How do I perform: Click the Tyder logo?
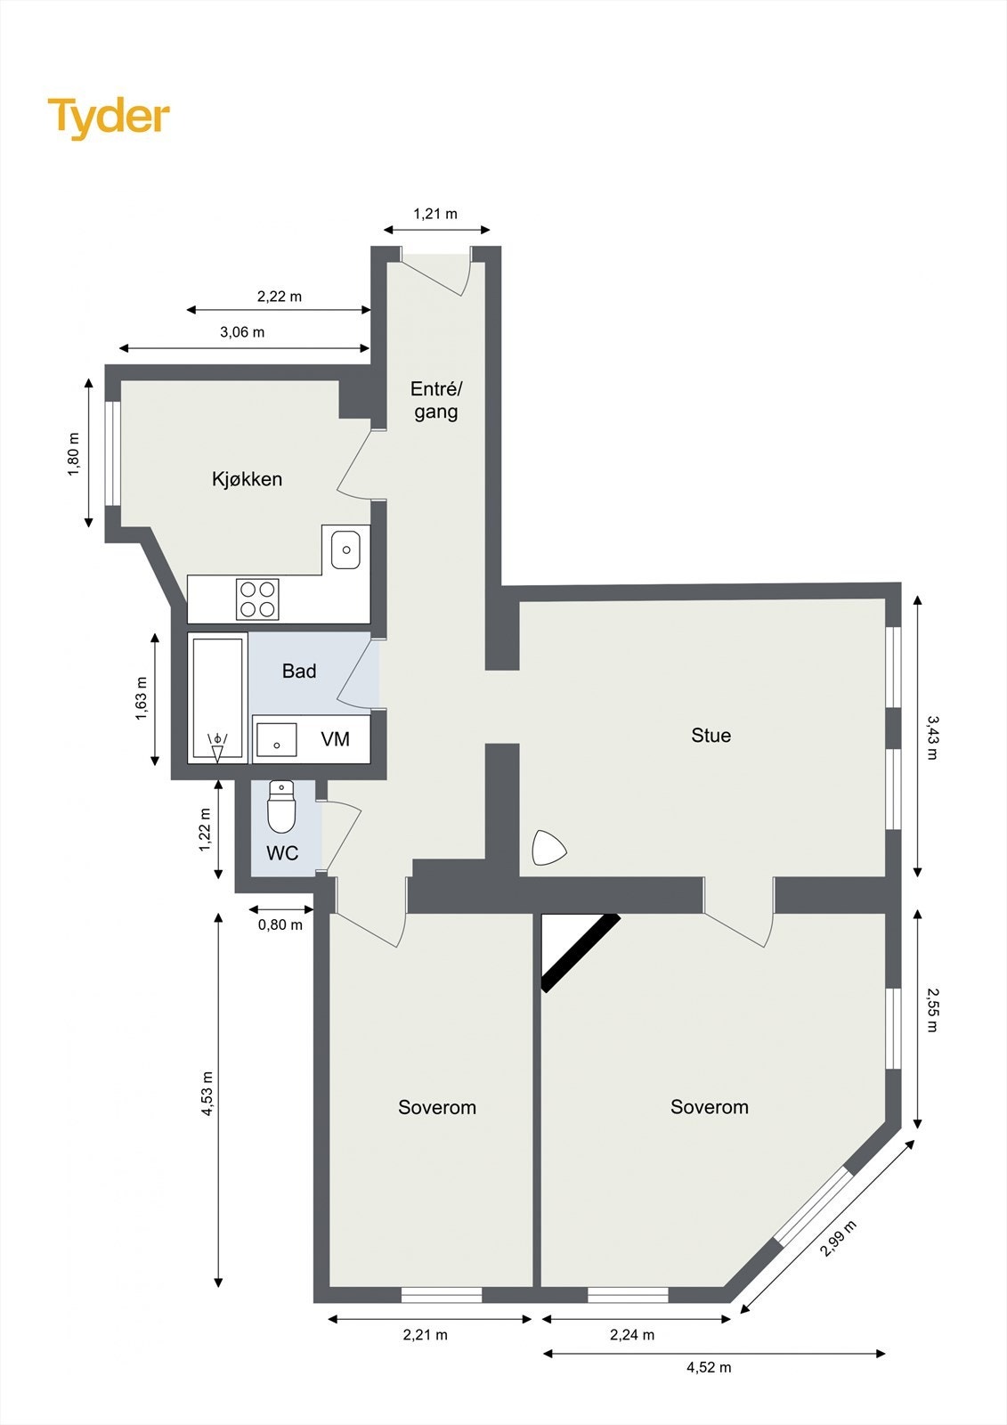[x=109, y=118]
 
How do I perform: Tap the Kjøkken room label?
[x=247, y=479]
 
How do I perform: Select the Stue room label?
[x=711, y=736]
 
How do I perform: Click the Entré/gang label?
[x=435, y=400]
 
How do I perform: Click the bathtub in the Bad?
[x=217, y=698]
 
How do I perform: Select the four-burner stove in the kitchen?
[x=257, y=598]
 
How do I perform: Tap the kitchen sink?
[x=345, y=549]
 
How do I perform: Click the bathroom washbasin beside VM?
[x=277, y=739]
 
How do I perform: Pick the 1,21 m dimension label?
[x=434, y=214]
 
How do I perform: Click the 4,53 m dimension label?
[x=207, y=1093]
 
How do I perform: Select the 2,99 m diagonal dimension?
[x=838, y=1239]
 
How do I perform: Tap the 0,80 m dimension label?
[x=280, y=924]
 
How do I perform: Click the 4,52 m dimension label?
[x=709, y=1367]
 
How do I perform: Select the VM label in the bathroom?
[x=336, y=739]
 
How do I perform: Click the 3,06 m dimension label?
[x=242, y=332]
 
